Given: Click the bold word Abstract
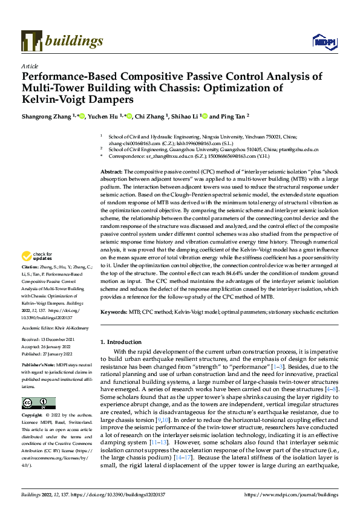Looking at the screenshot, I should tap(112, 172).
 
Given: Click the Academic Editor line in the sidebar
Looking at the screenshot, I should tap(54, 328).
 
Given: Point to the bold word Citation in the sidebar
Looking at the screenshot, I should tap(30, 284).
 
